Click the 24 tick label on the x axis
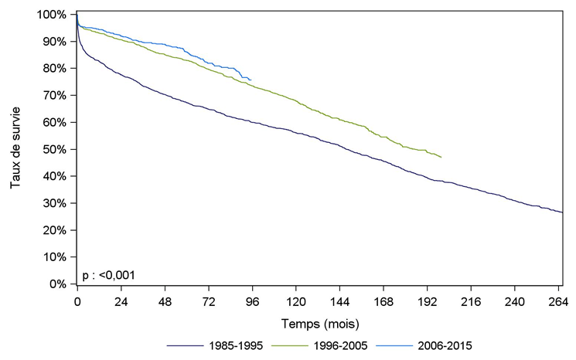(x=121, y=302)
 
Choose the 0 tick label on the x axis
(x=77, y=302)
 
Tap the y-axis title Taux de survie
(x=15, y=149)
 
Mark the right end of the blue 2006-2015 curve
(x=251, y=80)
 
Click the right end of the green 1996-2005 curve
(x=441, y=158)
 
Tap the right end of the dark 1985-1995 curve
(x=562, y=212)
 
